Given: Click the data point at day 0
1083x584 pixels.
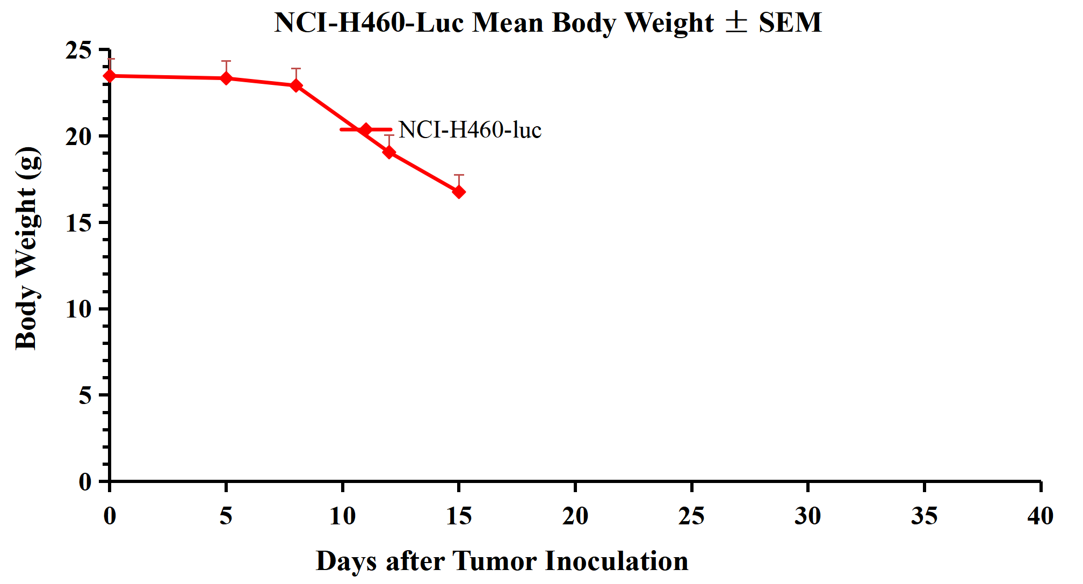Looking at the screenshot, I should click(x=110, y=76).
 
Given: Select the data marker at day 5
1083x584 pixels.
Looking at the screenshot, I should click(x=226, y=78).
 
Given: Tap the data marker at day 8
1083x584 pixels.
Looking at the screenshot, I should click(x=296, y=85).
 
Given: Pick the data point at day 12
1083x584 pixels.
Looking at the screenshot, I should click(x=389, y=153).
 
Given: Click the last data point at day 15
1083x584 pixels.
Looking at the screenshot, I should click(x=459, y=192).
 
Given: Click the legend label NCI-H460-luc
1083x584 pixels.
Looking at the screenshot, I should click(x=470, y=130).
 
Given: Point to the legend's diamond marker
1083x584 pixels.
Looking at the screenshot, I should click(x=366, y=129).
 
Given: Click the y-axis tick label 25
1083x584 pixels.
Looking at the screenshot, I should click(x=78, y=51).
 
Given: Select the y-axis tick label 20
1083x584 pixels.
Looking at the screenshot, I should click(x=78, y=137).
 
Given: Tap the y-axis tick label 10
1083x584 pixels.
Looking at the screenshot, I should click(x=78, y=309).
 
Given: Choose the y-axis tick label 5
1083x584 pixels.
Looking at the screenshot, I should click(x=85, y=396).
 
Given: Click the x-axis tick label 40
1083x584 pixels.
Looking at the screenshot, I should click(x=1040, y=516).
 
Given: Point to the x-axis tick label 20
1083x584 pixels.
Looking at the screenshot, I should click(x=575, y=516).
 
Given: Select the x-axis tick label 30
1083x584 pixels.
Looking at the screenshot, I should click(x=807, y=516).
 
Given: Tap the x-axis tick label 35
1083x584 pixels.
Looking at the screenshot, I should click(x=924, y=516).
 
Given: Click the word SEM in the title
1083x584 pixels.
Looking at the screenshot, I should click(x=790, y=23).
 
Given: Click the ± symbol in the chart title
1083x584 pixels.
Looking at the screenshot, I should click(x=736, y=23).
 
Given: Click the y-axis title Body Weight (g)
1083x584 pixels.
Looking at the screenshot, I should click(x=27, y=248).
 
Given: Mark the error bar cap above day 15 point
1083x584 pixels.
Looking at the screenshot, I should click(x=459, y=175).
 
